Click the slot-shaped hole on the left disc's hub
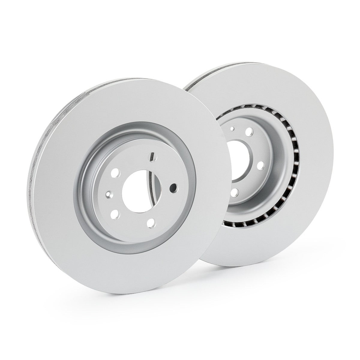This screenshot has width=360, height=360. [x=152, y=157]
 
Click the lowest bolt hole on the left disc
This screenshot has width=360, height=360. [x=151, y=222]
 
